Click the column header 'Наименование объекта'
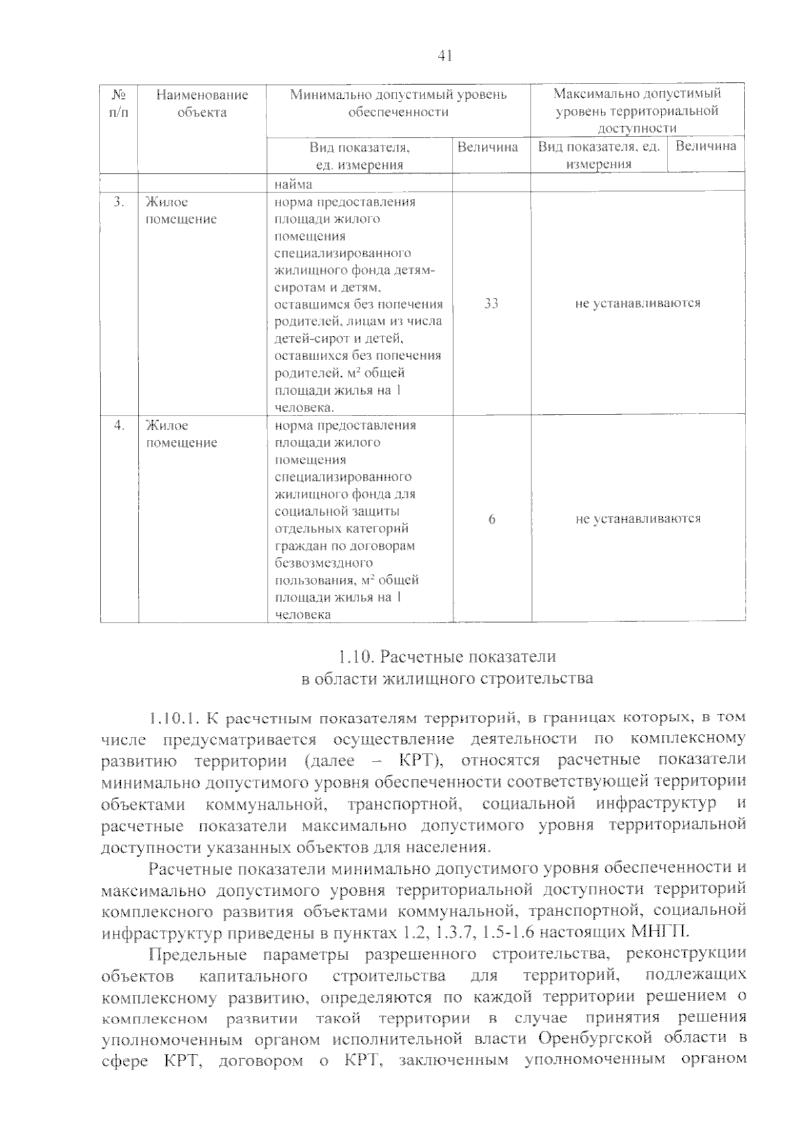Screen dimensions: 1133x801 202,104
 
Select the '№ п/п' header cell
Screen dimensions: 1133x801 119,104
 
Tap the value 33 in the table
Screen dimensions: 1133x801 491,303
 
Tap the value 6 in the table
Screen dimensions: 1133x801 492,519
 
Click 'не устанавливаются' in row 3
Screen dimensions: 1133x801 637,303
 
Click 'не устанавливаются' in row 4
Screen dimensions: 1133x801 637,519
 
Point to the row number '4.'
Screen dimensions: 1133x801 119,426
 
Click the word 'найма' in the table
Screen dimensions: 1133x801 294,184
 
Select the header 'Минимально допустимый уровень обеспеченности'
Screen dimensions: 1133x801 398,104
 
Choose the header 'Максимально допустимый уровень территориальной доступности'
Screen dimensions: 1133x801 637,111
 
